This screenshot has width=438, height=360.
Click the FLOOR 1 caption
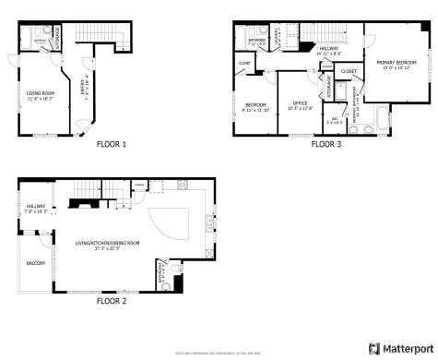[x=112, y=144]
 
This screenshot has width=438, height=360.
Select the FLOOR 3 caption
[x=326, y=144]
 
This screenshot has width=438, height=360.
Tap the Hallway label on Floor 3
[x=328, y=51]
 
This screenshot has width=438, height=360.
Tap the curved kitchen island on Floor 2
[x=176, y=226]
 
